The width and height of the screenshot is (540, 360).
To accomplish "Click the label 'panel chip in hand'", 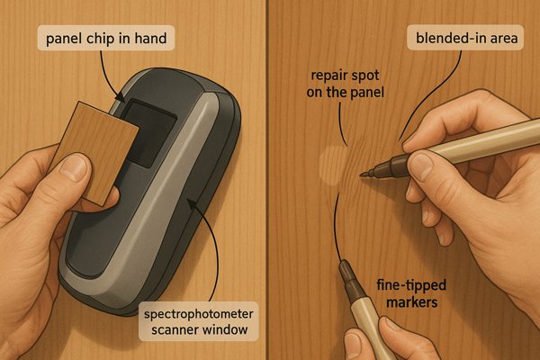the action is (x=106, y=38).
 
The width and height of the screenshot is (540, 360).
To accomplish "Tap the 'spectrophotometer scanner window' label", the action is (x=199, y=321).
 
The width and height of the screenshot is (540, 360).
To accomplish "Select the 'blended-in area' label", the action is (x=466, y=38).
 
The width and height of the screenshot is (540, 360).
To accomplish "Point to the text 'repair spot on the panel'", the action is (x=345, y=84).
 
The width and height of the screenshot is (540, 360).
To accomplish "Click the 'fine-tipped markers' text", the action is (x=411, y=293).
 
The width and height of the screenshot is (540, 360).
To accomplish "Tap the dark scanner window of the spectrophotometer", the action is (x=150, y=132).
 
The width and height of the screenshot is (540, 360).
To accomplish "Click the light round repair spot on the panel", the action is (x=332, y=165).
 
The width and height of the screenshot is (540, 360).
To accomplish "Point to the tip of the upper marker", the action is (x=361, y=175).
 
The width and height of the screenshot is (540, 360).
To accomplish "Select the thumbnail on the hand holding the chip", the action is (x=74, y=167).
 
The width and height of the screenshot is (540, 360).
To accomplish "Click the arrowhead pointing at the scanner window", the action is (x=121, y=98).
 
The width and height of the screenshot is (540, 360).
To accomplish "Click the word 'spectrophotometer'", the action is (x=199, y=314).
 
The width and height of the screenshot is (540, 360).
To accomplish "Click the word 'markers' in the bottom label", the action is (x=412, y=301).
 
